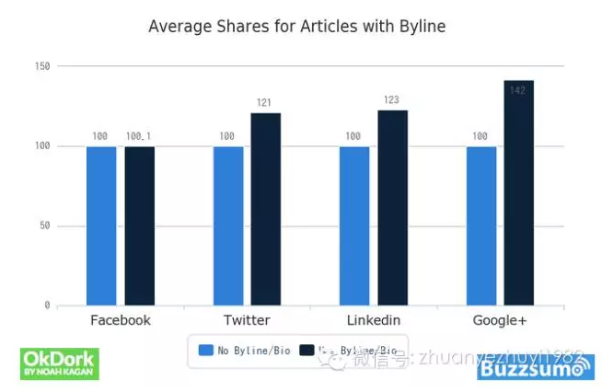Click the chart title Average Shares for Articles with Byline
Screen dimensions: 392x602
click(296, 27)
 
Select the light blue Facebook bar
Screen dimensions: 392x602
click(101, 225)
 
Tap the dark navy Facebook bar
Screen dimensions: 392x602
click(140, 225)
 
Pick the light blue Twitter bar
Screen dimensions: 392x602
click(228, 225)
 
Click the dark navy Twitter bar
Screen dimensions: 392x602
click(266, 209)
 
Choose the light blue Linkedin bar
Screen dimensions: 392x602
click(354, 225)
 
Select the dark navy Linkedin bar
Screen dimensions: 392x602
click(392, 207)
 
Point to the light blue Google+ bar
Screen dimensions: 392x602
click(481, 225)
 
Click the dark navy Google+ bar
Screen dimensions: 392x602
click(519, 192)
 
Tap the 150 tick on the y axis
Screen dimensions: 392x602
click(41, 66)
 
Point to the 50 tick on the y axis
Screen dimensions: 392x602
click(43, 226)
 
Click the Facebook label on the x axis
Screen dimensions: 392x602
click(121, 320)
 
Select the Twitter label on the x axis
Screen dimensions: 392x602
click(247, 320)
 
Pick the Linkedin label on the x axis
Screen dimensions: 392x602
click(373, 320)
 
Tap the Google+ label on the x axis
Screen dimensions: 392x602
click(500, 320)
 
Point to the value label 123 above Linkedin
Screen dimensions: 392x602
click(392, 100)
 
